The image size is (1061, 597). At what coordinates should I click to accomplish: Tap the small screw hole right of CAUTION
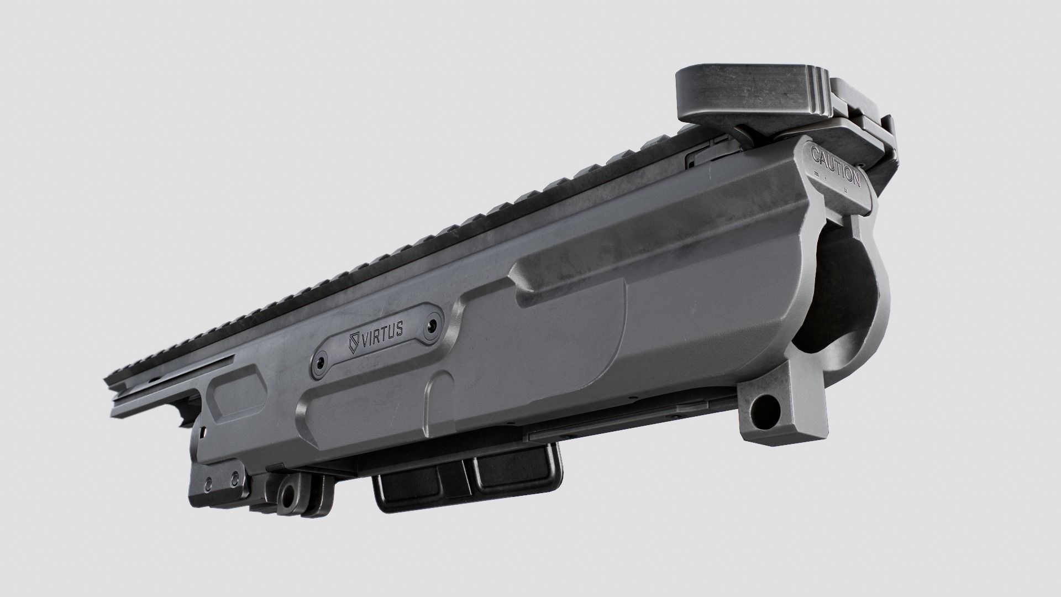coord(860,164)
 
